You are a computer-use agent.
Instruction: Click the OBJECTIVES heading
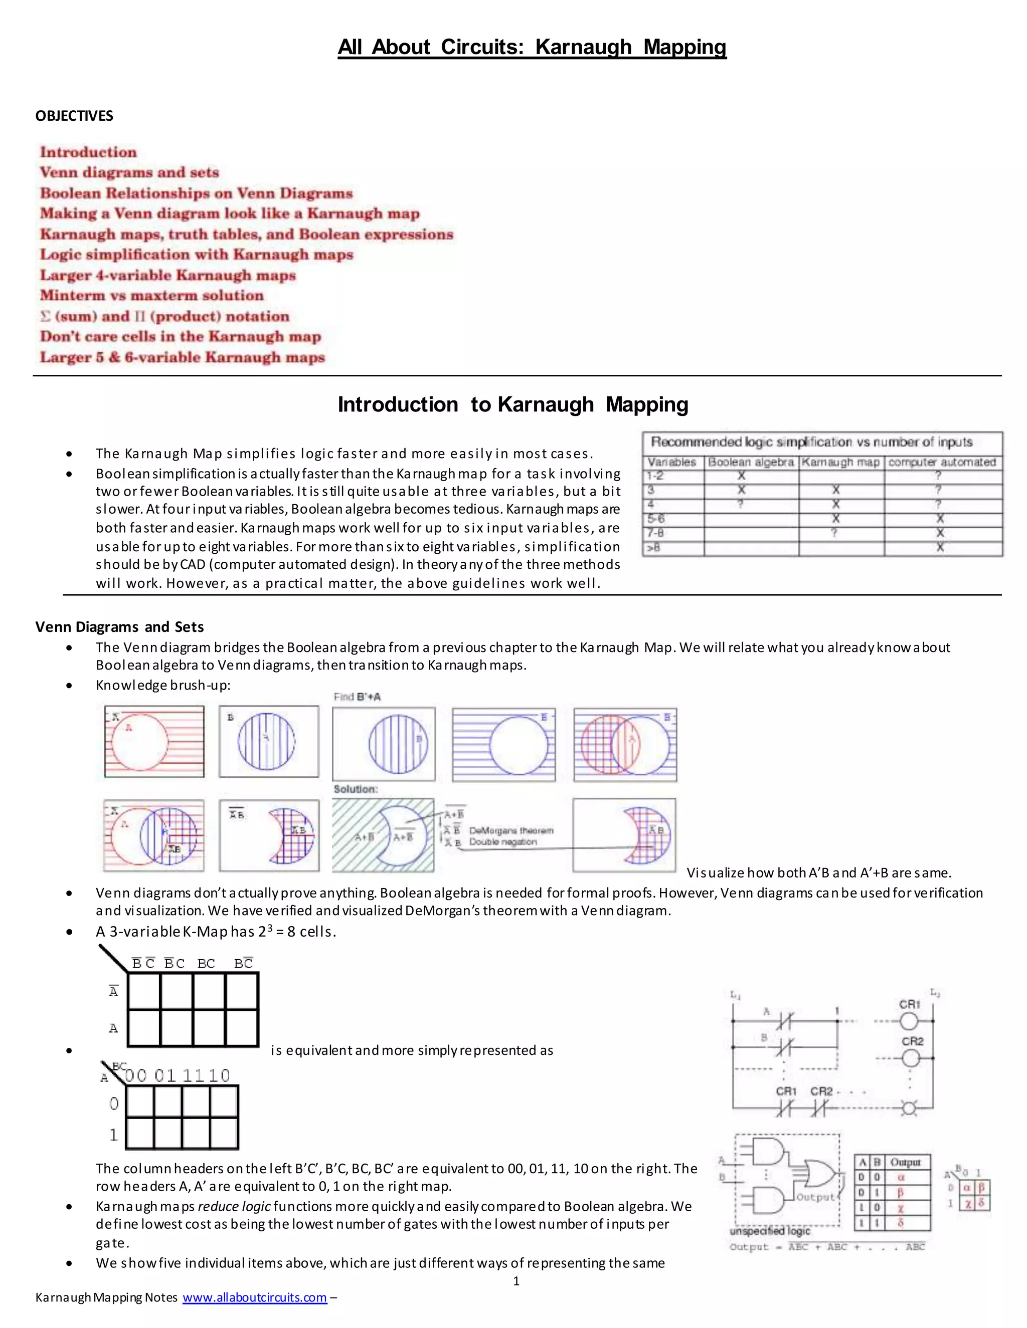click(x=74, y=116)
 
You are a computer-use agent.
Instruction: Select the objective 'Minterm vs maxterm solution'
click(x=151, y=296)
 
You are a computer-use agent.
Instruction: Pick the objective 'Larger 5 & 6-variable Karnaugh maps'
click(x=182, y=357)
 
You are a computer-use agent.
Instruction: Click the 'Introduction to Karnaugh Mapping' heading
click(x=513, y=404)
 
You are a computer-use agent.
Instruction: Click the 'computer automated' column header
click(x=942, y=462)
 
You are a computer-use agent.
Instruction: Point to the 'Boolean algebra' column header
click(x=750, y=462)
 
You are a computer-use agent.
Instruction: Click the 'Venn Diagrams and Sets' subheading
click(x=119, y=627)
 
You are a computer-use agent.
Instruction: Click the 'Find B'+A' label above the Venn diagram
click(x=357, y=697)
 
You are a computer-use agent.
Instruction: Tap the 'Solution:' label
click(x=356, y=789)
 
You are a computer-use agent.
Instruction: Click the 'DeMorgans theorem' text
click(x=511, y=830)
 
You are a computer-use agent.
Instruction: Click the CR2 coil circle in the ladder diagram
click(x=910, y=1058)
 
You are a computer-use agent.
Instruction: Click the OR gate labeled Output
click(x=819, y=1174)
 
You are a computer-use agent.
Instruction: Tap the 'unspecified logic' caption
click(x=770, y=1231)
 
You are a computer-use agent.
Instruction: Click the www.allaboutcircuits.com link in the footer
click(x=254, y=1297)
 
